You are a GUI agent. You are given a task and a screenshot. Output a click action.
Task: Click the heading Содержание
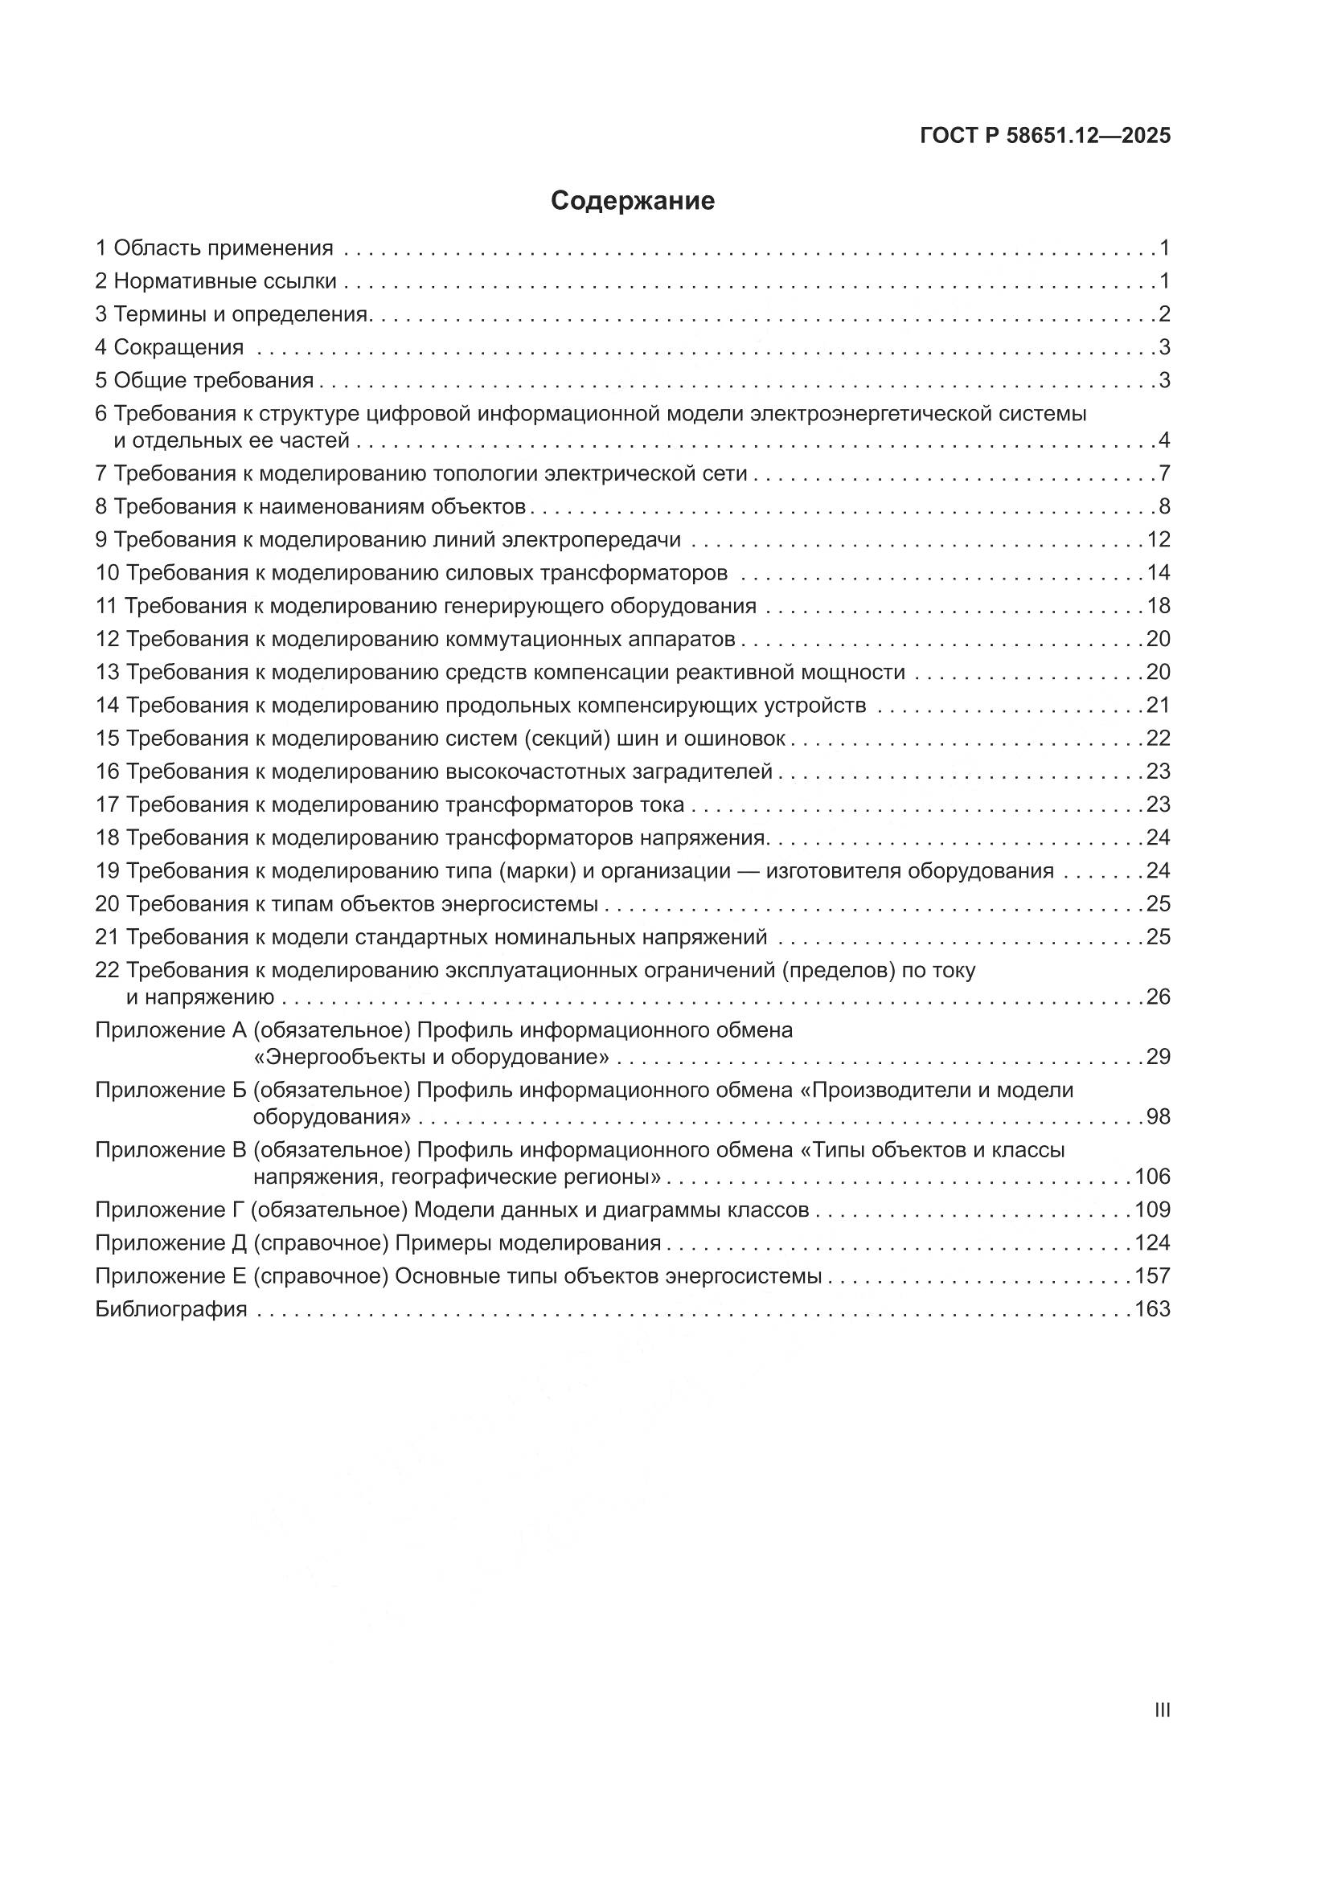tap(632, 200)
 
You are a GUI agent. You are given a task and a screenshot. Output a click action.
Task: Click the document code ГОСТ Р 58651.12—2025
tap(1045, 136)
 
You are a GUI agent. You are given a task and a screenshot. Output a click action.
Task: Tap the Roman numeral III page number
tap(1161, 1709)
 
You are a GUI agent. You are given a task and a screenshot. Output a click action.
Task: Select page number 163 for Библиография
tap(1152, 1309)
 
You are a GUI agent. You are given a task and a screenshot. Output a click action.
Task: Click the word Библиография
tap(171, 1309)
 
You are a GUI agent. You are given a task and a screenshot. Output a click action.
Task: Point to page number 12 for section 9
tap(1158, 540)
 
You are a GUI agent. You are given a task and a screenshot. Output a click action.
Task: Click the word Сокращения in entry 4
tap(178, 348)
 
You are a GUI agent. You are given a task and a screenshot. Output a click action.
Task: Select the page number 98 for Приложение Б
tap(1158, 1117)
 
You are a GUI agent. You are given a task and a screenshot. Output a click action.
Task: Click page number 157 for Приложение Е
tap(1152, 1276)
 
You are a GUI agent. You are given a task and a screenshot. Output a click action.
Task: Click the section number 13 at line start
tap(107, 673)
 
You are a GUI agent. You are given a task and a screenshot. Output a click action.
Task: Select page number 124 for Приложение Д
tap(1152, 1243)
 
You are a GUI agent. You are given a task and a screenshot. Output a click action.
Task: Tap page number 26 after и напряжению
tap(1158, 997)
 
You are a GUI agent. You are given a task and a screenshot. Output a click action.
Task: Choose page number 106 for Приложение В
tap(1152, 1177)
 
